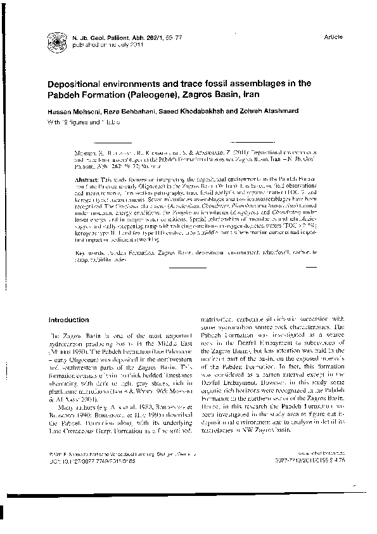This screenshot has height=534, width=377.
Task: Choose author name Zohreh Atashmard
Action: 252,112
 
